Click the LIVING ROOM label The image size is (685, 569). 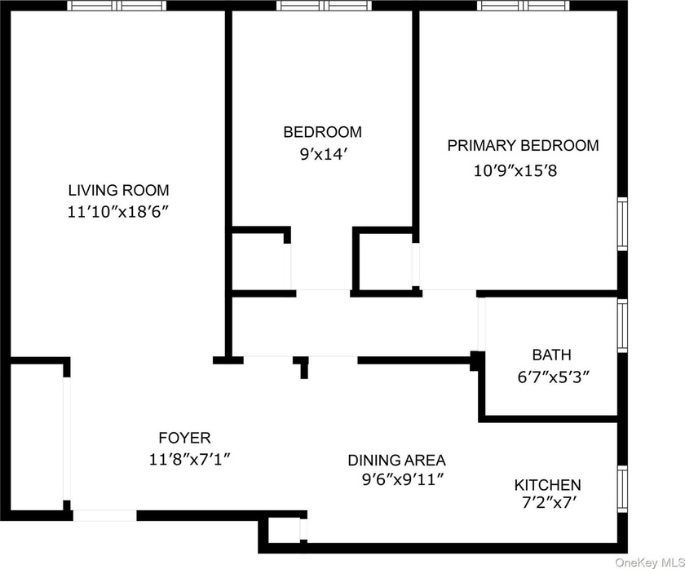pyautogui.click(x=118, y=191)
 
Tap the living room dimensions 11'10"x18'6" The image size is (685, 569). pyautogui.click(x=118, y=212)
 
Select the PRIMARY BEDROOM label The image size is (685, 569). pyautogui.click(x=523, y=145)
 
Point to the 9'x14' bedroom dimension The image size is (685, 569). pyautogui.click(x=323, y=154)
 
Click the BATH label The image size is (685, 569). pyautogui.click(x=552, y=355)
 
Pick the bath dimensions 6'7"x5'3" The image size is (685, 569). pyautogui.click(x=554, y=377)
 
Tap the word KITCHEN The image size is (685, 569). pyautogui.click(x=547, y=485)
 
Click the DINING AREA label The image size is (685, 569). pyautogui.click(x=396, y=461)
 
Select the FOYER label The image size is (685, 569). pyautogui.click(x=185, y=438)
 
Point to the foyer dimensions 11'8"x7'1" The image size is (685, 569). pyautogui.click(x=189, y=460)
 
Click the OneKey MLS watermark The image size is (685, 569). pyautogui.click(x=650, y=562)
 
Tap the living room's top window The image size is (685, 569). pyautogui.click(x=117, y=5)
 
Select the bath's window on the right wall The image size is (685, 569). pyautogui.click(x=622, y=325)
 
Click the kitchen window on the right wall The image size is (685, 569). pyautogui.click(x=622, y=488)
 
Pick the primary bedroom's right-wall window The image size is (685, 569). pyautogui.click(x=622, y=224)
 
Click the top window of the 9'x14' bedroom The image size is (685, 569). pyautogui.click(x=324, y=5)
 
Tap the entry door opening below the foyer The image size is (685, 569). pyautogui.click(x=105, y=515)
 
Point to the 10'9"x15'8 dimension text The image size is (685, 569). pyautogui.click(x=515, y=170)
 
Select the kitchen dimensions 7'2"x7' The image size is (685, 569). pyautogui.click(x=547, y=504)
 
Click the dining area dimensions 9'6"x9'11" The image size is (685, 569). pyautogui.click(x=403, y=480)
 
